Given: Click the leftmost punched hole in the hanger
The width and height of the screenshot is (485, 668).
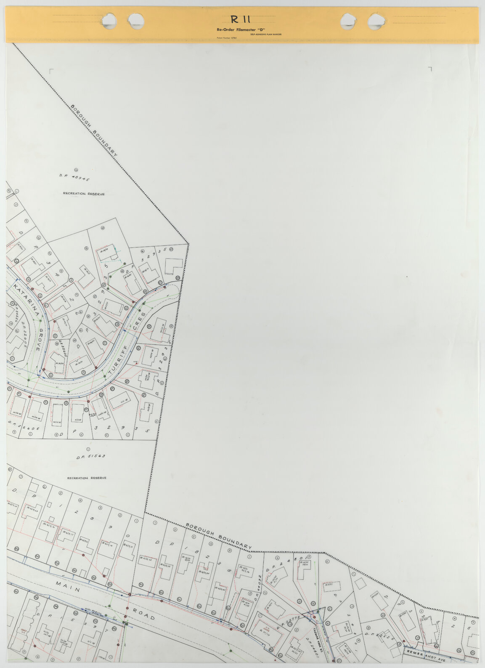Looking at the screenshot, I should click(109, 20).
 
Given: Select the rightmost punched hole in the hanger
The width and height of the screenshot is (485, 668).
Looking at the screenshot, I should click(376, 20).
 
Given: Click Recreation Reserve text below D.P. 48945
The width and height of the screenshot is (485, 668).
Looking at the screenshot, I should click(84, 194).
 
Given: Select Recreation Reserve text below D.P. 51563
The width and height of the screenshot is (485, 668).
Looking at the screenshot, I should click(87, 478).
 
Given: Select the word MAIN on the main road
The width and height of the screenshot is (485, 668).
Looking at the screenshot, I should click(68, 590).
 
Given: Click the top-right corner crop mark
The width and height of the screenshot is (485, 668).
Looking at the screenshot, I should click(430, 69).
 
